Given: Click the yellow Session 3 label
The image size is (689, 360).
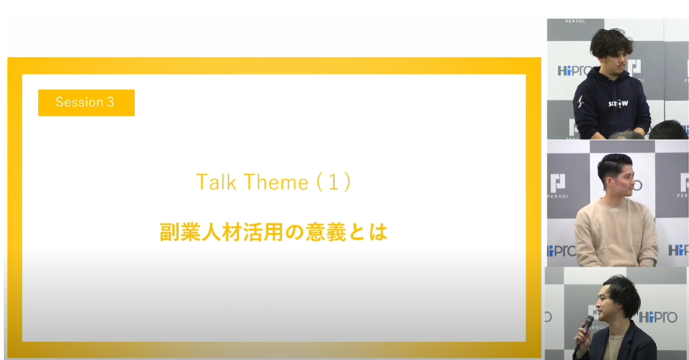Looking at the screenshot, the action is [86, 103].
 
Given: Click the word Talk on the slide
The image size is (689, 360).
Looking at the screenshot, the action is [216, 182].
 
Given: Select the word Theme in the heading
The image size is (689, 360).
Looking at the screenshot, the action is [276, 182].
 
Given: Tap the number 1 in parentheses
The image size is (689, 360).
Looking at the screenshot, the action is [333, 182].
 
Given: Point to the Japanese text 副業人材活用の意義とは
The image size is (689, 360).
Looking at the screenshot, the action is [273, 232].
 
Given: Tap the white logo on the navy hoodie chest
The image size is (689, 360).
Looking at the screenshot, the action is [618, 104].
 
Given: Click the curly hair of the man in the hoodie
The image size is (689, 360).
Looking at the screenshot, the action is [611, 43].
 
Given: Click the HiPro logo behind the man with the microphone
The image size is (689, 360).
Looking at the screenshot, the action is [658, 317].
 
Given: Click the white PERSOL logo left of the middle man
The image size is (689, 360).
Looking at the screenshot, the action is [558, 186].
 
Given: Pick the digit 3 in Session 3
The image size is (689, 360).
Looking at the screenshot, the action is [110, 103].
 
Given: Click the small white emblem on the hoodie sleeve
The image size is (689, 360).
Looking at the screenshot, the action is [580, 102].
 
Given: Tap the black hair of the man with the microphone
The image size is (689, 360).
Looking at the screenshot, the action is [620, 292].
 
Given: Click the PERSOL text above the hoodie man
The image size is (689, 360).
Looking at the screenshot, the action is [574, 21].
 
